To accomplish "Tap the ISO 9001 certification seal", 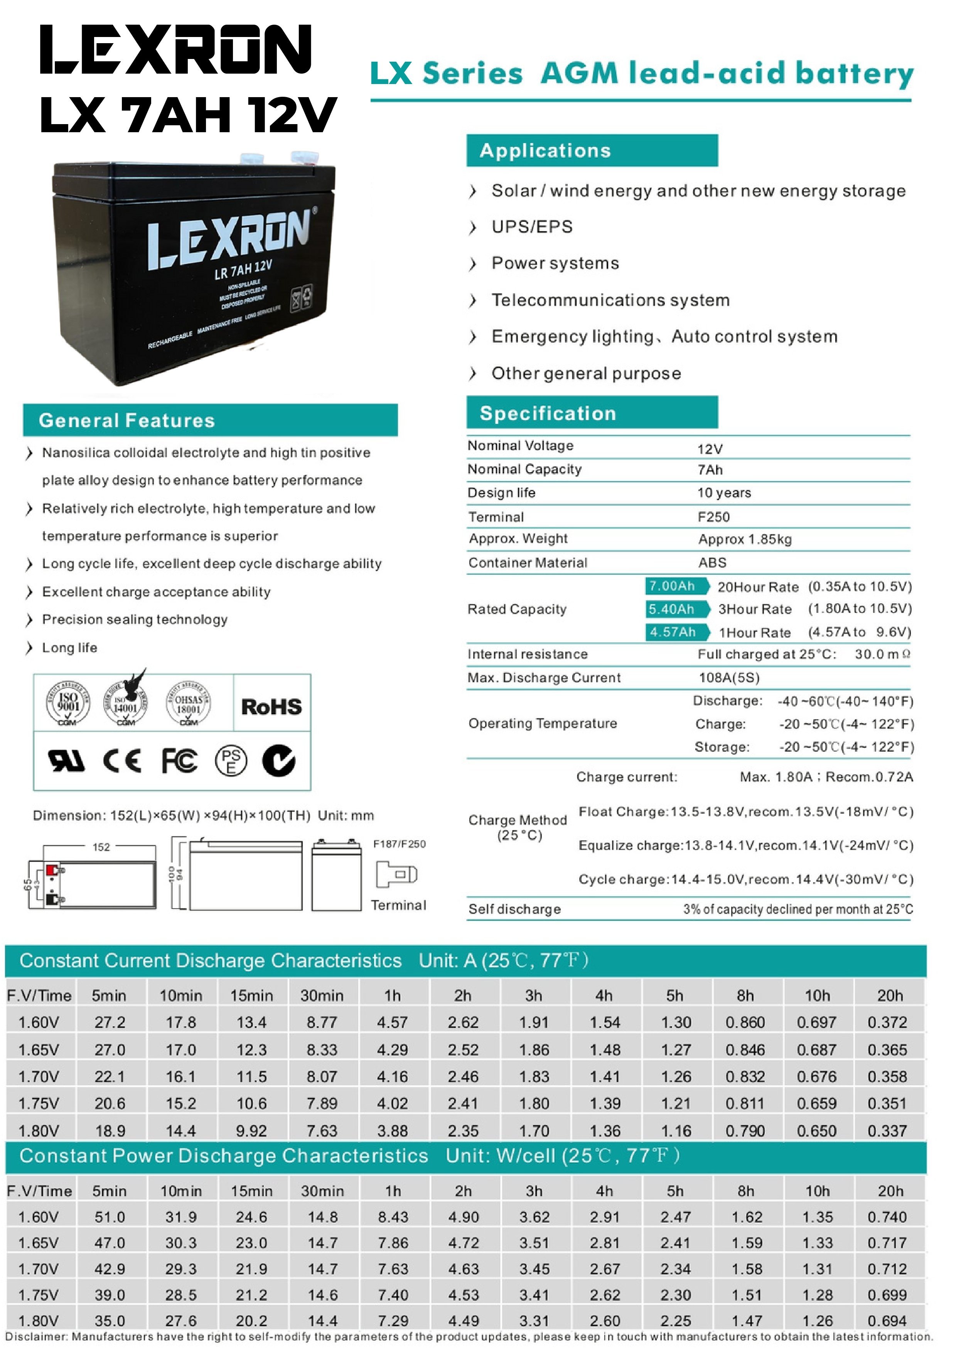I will [68, 702].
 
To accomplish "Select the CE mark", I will [122, 761].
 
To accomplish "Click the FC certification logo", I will [179, 761].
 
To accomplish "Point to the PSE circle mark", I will [231, 761].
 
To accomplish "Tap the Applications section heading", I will [545, 151].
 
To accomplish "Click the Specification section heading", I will [548, 413].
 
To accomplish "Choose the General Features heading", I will [127, 420].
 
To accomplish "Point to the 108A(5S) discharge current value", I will [729, 678].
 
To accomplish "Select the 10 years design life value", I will [724, 493].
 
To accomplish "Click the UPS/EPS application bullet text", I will [532, 227].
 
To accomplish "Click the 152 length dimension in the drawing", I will [101, 847].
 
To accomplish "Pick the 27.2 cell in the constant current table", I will [110, 1022].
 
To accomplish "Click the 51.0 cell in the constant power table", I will [110, 1217].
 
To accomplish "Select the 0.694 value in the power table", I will [887, 1321].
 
